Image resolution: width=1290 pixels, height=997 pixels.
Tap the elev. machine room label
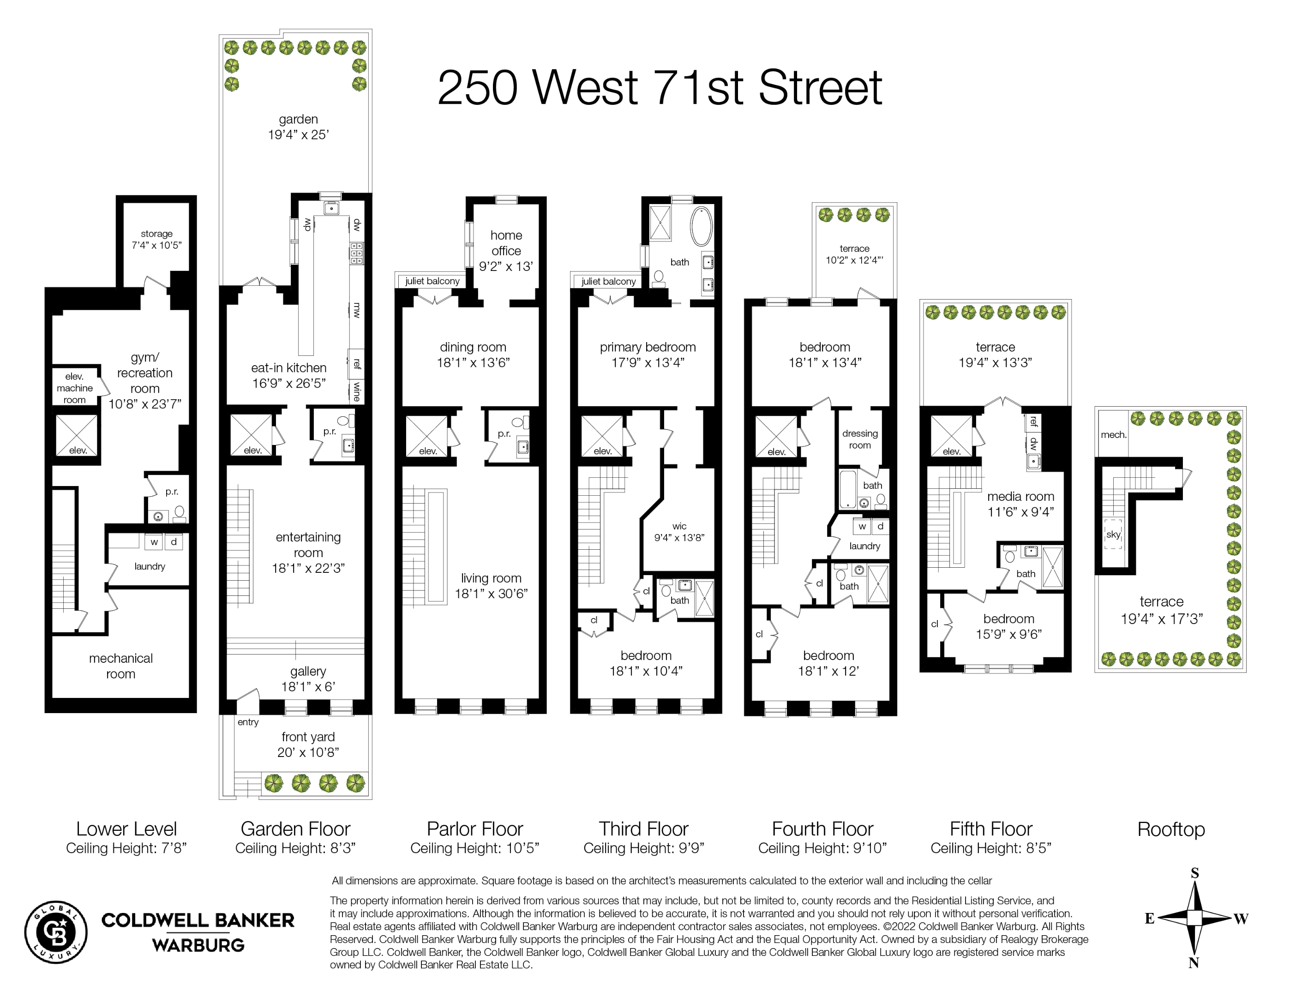pyautogui.click(x=74, y=388)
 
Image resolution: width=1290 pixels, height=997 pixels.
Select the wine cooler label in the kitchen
pyautogui.click(x=356, y=391)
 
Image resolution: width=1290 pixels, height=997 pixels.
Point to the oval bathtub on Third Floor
pyautogui.click(x=701, y=226)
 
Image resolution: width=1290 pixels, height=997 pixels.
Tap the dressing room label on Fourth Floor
pyautogui.click(x=859, y=439)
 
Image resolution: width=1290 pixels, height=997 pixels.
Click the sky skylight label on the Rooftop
pyautogui.click(x=1113, y=534)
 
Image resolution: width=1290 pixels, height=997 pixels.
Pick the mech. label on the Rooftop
pyautogui.click(x=1113, y=435)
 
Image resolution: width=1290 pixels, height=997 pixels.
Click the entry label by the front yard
pyautogui.click(x=248, y=722)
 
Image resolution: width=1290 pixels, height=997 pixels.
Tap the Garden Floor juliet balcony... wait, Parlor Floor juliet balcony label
pyautogui.click(x=432, y=281)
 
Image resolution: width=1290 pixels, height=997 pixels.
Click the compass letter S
pyautogui.click(x=1194, y=873)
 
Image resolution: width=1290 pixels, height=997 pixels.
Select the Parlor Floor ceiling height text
pyautogui.click(x=474, y=848)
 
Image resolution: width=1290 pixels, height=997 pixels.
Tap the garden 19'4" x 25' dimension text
pyautogui.click(x=298, y=135)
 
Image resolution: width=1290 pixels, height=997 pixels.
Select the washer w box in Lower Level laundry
pyautogui.click(x=154, y=541)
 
